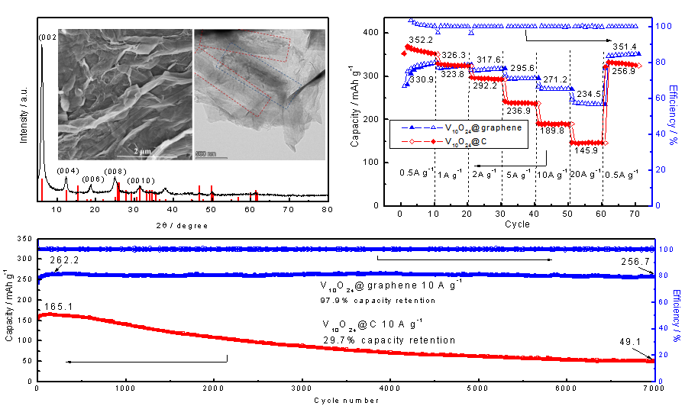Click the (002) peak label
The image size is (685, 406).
(47, 34)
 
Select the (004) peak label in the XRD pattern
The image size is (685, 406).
(67, 170)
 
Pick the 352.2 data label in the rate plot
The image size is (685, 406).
(421, 40)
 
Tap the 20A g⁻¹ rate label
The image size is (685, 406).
(586, 173)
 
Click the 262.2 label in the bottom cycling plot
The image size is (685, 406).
(66, 260)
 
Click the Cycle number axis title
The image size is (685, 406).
(345, 399)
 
